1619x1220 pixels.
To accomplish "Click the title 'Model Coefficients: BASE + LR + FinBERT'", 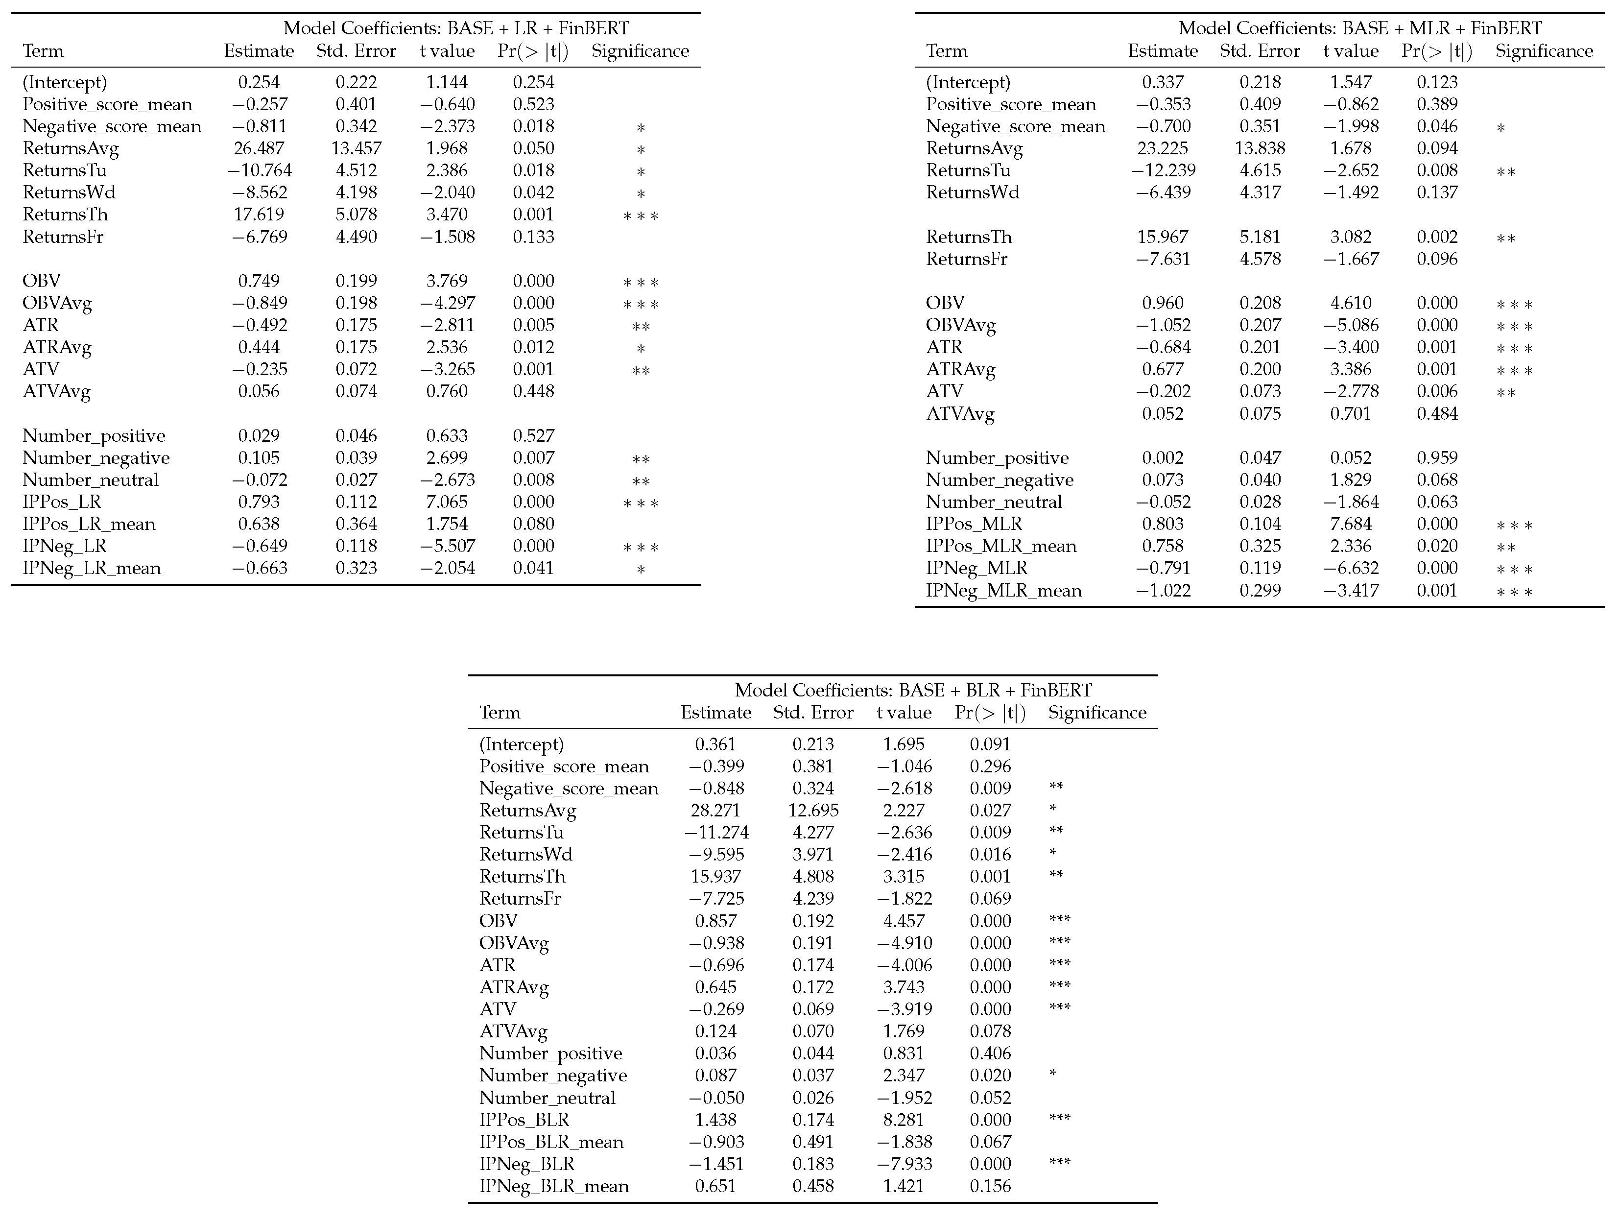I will pyautogui.click(x=456, y=28).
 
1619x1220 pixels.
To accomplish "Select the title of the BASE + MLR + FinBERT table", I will pyautogui.click(x=1360, y=28).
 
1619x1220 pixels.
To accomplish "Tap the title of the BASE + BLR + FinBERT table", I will pyautogui.click(x=913, y=690).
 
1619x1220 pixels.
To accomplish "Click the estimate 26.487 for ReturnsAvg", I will pyautogui.click(x=259, y=148).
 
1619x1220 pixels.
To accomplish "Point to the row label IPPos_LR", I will pyautogui.click(x=62, y=502).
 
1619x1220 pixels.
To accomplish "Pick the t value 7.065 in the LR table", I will pyautogui.click(x=447, y=502).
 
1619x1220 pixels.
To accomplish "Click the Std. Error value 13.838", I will pyautogui.click(x=1260, y=148).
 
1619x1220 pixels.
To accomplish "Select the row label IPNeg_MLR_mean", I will pyautogui.click(x=1003, y=591).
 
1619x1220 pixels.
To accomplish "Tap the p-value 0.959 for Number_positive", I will pyautogui.click(x=1437, y=458).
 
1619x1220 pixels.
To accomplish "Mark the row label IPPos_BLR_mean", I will pyautogui.click(x=551, y=1142).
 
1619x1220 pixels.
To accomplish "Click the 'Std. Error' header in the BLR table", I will pyautogui.click(x=813, y=713).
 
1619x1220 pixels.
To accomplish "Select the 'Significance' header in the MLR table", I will pyautogui.click(x=1544, y=51).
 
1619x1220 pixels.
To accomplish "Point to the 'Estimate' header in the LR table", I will pyautogui.click(x=259, y=51).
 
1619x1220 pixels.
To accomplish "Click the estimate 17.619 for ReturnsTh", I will pyautogui.click(x=259, y=215).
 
